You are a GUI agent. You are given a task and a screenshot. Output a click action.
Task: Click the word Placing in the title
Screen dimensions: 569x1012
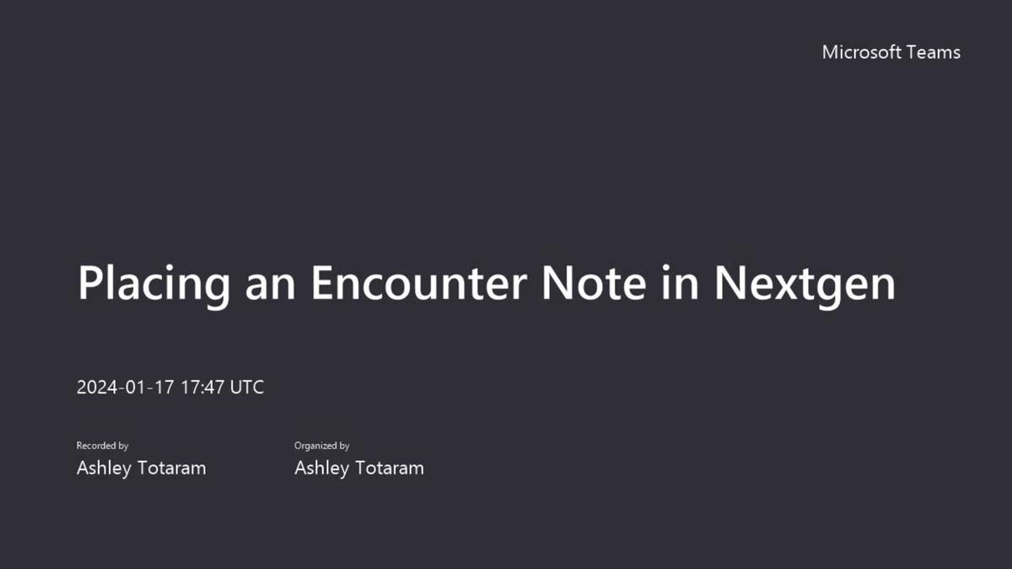point(153,284)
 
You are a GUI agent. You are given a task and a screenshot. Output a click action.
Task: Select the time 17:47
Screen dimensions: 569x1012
point(202,387)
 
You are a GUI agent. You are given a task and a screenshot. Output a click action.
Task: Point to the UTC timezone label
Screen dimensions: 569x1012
point(247,387)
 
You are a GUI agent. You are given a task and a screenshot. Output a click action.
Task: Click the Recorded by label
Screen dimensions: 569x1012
point(102,446)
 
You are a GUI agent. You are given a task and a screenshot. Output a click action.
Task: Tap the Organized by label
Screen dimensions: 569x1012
point(321,446)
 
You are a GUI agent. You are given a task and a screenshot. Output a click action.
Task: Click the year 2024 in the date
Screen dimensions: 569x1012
point(94,387)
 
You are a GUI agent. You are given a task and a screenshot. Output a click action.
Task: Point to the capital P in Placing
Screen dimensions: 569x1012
point(89,282)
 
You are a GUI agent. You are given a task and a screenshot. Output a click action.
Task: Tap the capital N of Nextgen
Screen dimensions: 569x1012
point(731,282)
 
